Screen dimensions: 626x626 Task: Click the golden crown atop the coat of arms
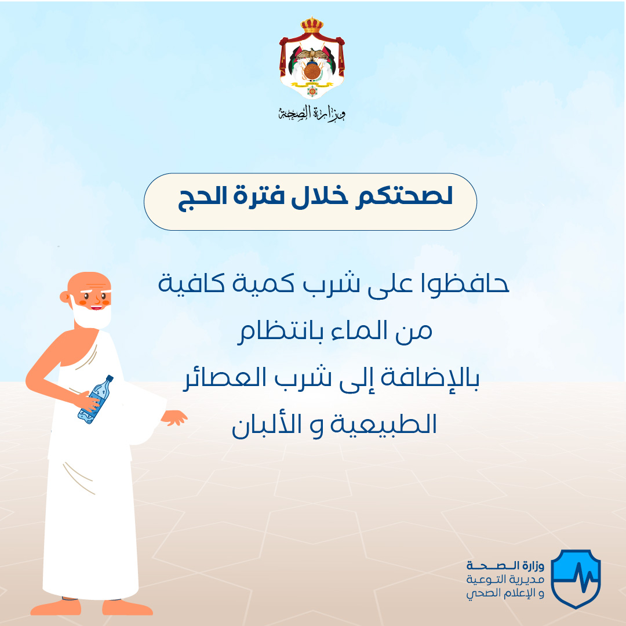click(x=312, y=25)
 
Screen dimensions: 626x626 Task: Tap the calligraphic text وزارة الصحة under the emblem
click(x=312, y=114)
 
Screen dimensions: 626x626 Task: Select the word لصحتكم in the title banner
click(x=404, y=196)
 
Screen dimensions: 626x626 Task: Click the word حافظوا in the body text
click(x=464, y=283)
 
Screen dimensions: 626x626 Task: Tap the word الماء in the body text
click(x=359, y=331)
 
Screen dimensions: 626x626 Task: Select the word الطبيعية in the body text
click(x=383, y=424)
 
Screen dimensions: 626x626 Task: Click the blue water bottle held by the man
click(x=95, y=399)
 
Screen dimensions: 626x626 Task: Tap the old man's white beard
click(x=92, y=315)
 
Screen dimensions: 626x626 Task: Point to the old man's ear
click(x=64, y=297)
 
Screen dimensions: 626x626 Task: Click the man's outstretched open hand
click(x=174, y=417)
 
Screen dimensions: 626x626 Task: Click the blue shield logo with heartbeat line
click(x=576, y=578)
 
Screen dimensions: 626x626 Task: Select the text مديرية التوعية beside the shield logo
click(x=505, y=579)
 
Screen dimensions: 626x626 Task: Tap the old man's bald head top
click(x=89, y=279)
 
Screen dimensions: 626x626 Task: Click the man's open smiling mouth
click(x=96, y=307)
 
